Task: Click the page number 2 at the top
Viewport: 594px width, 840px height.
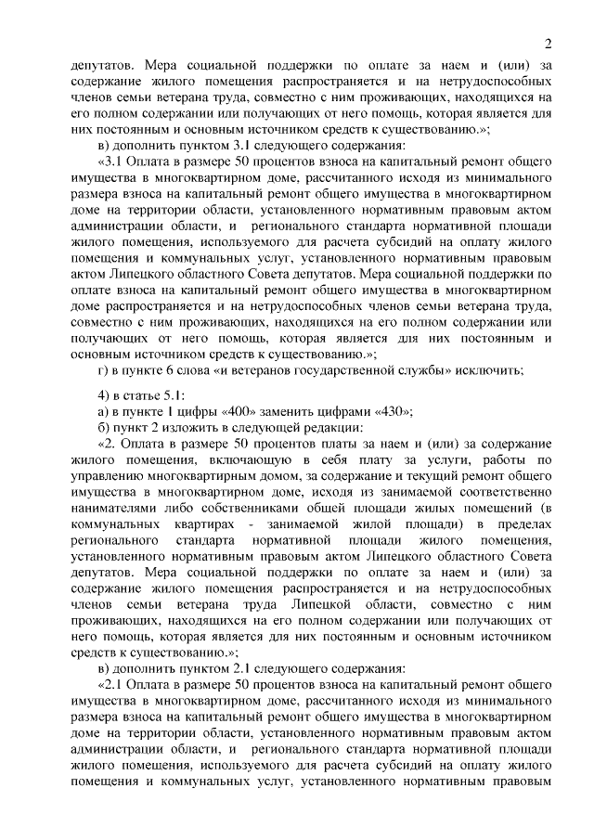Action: click(x=549, y=43)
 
